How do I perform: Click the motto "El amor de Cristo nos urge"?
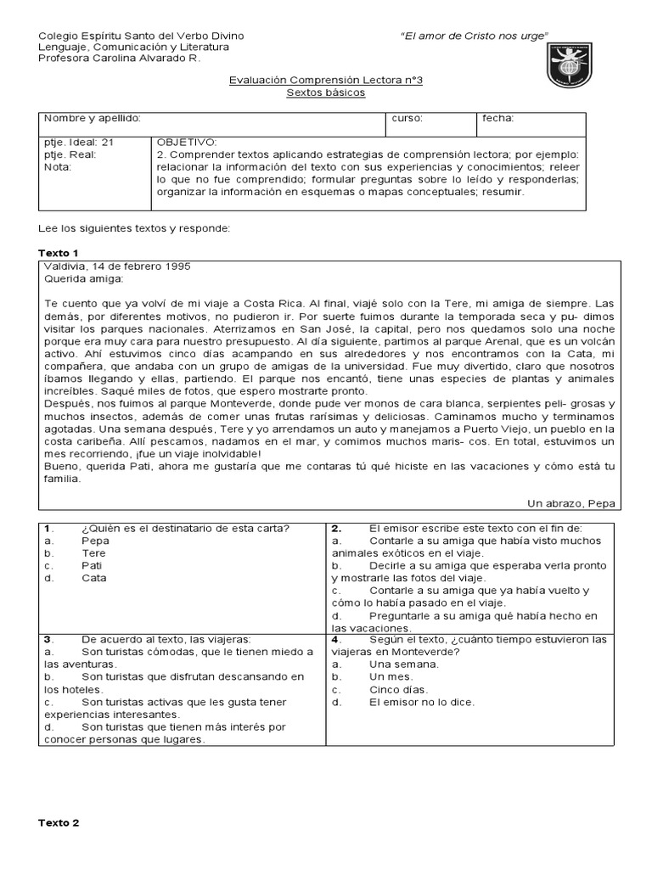point(474,35)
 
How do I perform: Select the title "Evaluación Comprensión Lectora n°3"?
point(326,80)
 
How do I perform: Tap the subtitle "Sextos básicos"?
point(326,92)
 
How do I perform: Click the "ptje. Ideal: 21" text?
point(78,142)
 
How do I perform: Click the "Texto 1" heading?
point(59,253)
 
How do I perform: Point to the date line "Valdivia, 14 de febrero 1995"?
point(116,266)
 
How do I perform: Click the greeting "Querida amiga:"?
point(83,278)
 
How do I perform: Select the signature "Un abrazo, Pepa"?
point(572,503)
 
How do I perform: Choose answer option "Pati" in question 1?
point(92,564)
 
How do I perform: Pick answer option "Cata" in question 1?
point(93,577)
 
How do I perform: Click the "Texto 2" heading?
point(59,822)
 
